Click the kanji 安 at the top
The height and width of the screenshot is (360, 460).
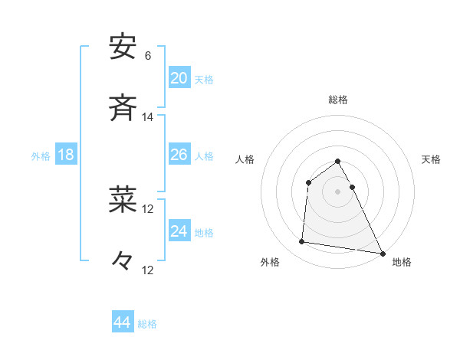123,47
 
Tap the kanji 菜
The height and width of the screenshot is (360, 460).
123,200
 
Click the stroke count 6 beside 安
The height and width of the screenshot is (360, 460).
147,56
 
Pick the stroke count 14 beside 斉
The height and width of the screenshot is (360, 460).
147,117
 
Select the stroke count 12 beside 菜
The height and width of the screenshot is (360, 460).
147,208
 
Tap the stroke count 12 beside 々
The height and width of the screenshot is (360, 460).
147,270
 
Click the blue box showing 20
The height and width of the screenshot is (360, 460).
179,78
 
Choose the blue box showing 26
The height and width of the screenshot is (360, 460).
179,155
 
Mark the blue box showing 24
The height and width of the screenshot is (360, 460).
179,231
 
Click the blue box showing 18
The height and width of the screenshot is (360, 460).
66,155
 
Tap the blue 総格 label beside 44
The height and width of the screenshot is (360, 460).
147,324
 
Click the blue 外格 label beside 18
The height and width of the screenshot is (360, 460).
41,156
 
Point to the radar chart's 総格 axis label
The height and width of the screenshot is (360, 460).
338,100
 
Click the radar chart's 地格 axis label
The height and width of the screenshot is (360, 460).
402,263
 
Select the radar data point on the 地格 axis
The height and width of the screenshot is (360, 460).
383,253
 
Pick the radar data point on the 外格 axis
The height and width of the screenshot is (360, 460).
302,242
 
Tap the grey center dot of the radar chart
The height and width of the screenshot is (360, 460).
338,191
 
